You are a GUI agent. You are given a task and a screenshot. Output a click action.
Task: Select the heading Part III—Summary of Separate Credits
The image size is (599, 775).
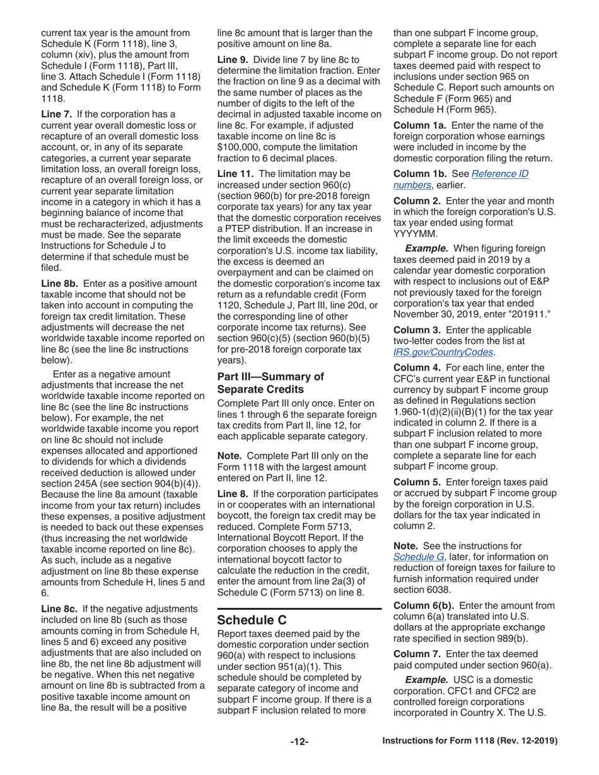point(270,382)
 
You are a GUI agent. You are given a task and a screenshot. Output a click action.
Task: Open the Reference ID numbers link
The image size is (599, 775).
point(460,179)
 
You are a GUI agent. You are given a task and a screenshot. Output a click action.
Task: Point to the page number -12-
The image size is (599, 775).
point(299,742)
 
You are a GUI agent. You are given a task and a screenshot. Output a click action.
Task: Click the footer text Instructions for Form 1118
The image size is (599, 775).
point(470,742)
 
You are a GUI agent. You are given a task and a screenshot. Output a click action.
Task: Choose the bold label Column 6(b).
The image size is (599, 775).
point(422,606)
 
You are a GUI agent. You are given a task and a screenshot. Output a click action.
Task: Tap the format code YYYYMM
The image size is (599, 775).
point(414,225)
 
